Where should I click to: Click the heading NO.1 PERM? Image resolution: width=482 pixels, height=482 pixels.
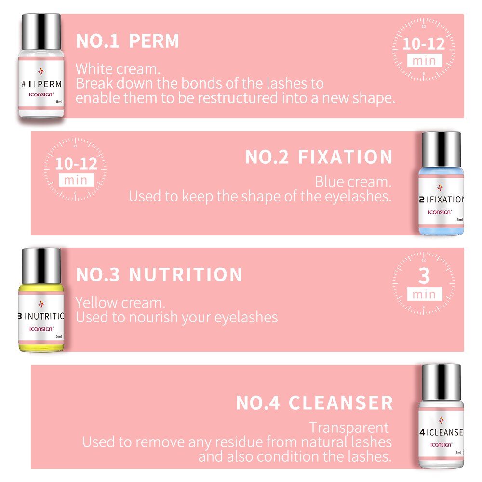coord(127,41)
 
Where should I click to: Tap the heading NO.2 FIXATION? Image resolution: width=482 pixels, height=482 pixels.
coord(319,158)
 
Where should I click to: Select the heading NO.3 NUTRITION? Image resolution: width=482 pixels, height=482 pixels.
coord(159,275)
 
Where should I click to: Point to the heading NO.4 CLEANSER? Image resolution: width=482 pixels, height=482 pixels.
coord(314,403)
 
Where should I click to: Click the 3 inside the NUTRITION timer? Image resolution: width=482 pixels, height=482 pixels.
coord(424,276)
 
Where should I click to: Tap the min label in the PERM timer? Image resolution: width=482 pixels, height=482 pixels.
coord(424,61)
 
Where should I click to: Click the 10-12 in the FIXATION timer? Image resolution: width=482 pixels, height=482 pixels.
coord(76,163)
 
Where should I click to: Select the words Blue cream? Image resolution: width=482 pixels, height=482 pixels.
coord(352,182)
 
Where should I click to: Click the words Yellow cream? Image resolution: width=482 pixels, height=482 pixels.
coord(120,303)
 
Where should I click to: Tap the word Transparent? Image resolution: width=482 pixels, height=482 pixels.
coord(348,428)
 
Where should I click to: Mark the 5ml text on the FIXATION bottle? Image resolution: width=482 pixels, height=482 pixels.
coord(460,220)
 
